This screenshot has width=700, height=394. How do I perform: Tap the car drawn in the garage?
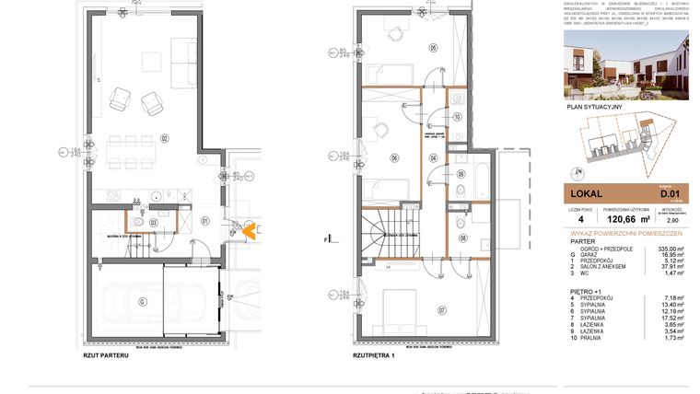(x=130, y=300)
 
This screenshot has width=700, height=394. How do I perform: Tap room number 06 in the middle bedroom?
(x=394, y=157)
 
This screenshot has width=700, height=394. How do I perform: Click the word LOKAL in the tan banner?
(x=587, y=194)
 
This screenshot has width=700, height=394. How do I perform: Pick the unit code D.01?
(x=669, y=194)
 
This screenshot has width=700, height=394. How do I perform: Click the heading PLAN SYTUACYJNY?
(x=596, y=108)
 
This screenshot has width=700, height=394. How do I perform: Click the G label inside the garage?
(x=143, y=301)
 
